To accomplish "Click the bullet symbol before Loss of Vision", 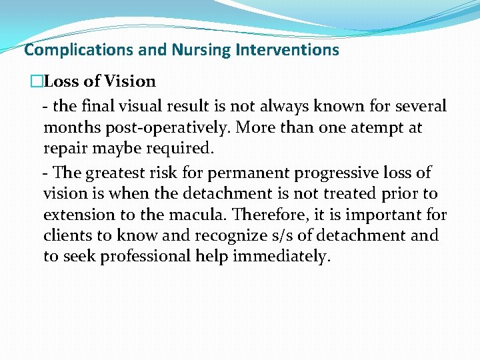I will pos(36,82).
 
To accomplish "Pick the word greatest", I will pos(117,173).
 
